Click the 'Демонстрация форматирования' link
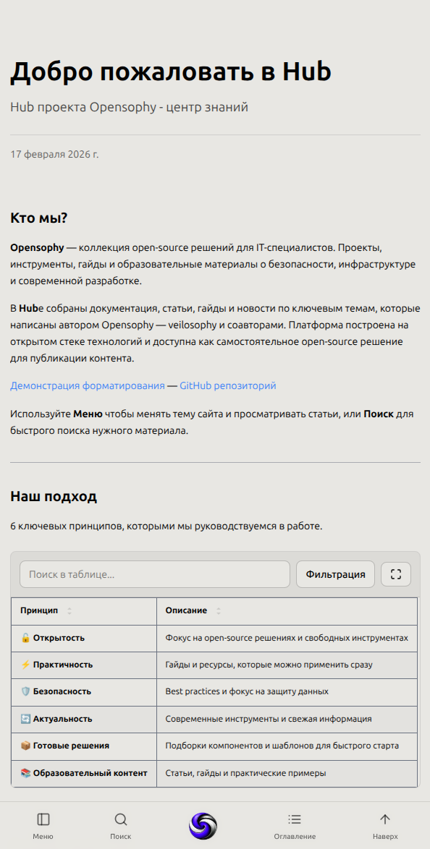click(x=88, y=386)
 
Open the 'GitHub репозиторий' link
click(x=227, y=386)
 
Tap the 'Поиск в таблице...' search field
click(x=154, y=574)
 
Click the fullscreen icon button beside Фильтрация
click(x=395, y=574)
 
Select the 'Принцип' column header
click(x=40, y=611)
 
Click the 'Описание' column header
click(x=186, y=611)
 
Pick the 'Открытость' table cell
click(x=59, y=638)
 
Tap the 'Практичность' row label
click(x=62, y=665)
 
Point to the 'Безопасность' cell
click(x=62, y=691)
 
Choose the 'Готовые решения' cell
click(x=71, y=746)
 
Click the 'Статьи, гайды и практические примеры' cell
click(x=245, y=773)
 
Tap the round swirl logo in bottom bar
click(x=203, y=826)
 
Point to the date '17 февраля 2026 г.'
click(x=54, y=154)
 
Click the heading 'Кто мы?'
click(x=39, y=218)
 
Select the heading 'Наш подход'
click(x=54, y=497)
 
